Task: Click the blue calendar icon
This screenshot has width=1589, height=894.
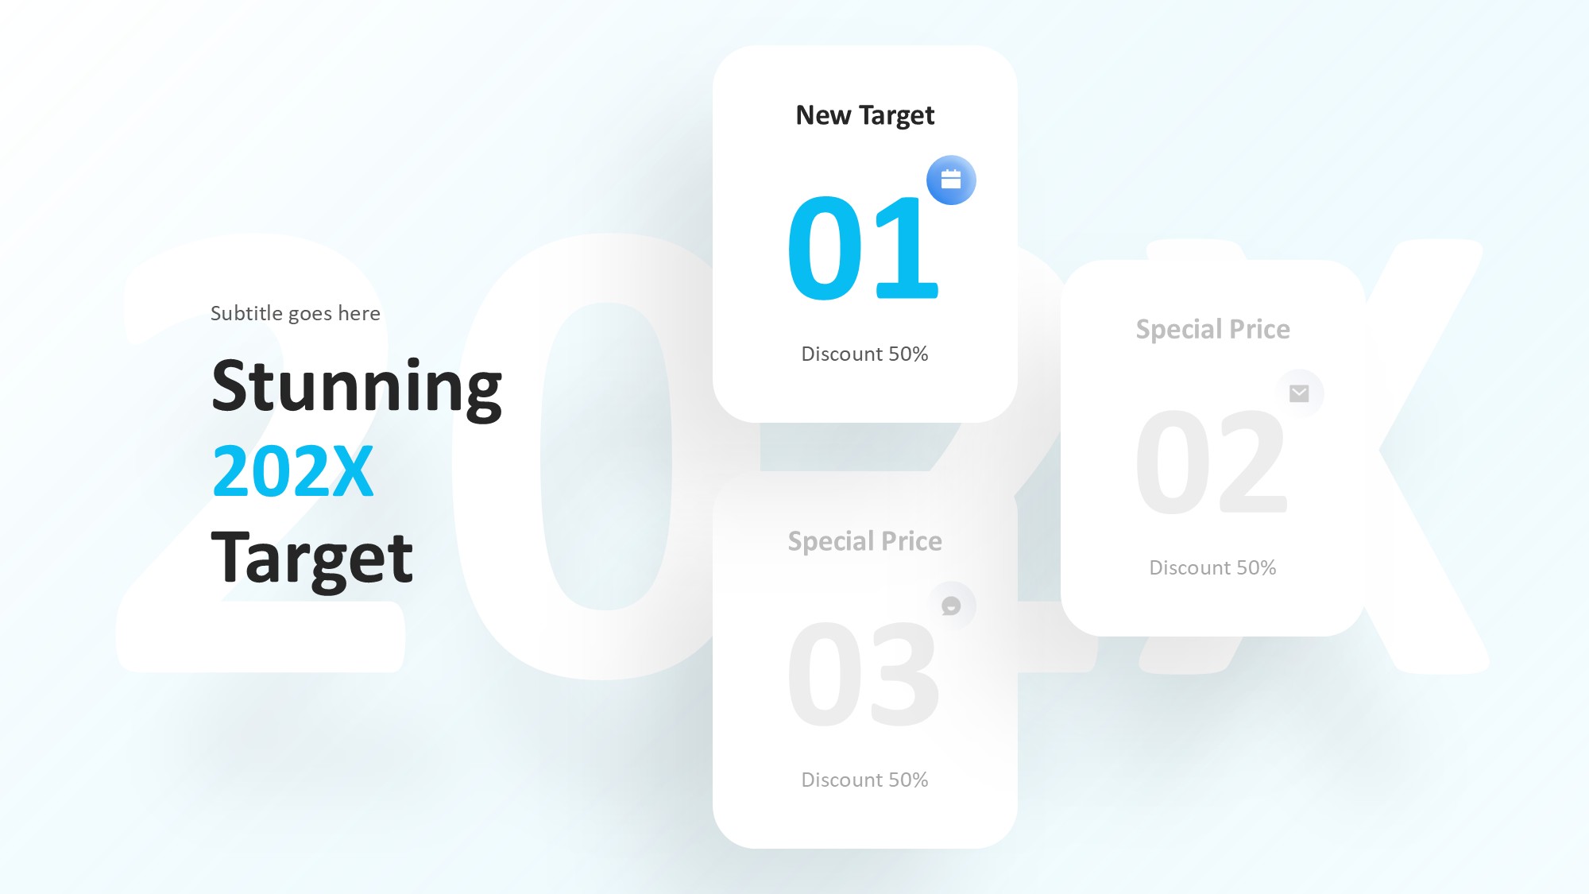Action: pyautogui.click(x=951, y=180)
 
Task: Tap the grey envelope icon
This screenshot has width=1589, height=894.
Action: pyautogui.click(x=1299, y=393)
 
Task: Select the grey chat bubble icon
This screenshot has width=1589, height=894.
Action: pyautogui.click(x=951, y=606)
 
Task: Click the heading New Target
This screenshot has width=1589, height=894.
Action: pyautogui.click(x=865, y=116)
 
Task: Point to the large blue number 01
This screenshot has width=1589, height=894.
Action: pyautogui.click(x=864, y=249)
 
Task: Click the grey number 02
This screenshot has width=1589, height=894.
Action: pyautogui.click(x=1212, y=462)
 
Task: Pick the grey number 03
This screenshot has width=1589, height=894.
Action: pyautogui.click(x=864, y=675)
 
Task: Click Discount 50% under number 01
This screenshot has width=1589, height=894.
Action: pyautogui.click(x=864, y=354)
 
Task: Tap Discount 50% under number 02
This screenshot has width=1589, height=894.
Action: pyautogui.click(x=1212, y=567)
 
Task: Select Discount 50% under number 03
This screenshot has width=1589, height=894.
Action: pyautogui.click(x=864, y=780)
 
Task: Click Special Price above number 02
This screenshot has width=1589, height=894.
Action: pyautogui.click(x=1213, y=329)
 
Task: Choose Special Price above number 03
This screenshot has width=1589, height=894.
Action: pyautogui.click(x=865, y=541)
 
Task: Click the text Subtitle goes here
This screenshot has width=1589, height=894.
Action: pyautogui.click(x=296, y=313)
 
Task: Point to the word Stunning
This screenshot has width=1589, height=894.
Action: pyautogui.click(x=357, y=387)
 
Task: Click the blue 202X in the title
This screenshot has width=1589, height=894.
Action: pyautogui.click(x=293, y=471)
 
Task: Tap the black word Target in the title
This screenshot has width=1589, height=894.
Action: pyautogui.click(x=312, y=559)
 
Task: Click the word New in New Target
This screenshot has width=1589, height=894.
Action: pyautogui.click(x=824, y=115)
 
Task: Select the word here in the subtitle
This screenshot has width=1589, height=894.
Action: pyautogui.click(x=359, y=313)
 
